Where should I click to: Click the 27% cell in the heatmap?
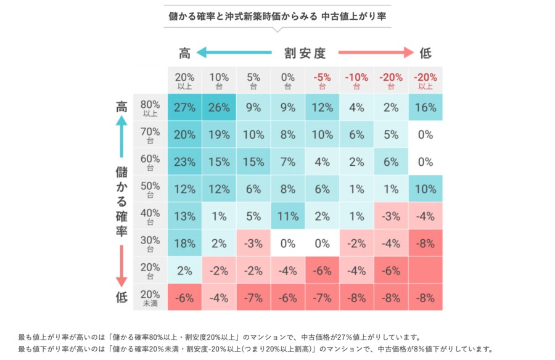click(184, 108)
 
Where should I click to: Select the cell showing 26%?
click(219, 108)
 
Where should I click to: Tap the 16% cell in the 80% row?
click(425, 108)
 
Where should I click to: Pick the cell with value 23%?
click(184, 162)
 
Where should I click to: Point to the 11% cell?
click(288, 216)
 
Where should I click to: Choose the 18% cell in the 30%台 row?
click(184, 243)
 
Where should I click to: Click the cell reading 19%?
click(219, 135)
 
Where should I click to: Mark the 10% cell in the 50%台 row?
click(425, 189)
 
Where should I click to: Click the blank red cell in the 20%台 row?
click(425, 270)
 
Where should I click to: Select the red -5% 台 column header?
click(322, 81)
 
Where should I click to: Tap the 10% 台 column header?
click(219, 81)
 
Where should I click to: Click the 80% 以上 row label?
click(150, 108)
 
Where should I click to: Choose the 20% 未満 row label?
click(150, 297)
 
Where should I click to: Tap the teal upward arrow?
click(121, 136)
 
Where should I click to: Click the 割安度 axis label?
click(305, 53)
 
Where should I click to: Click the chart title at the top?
click(277, 16)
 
